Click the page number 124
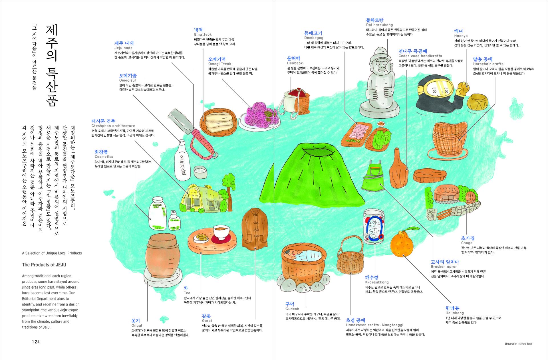(x=36, y=342)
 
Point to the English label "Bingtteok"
(x=203, y=35)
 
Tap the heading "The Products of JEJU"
(x=44, y=265)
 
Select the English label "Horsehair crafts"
(x=488, y=64)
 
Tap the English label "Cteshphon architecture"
(x=113, y=126)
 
